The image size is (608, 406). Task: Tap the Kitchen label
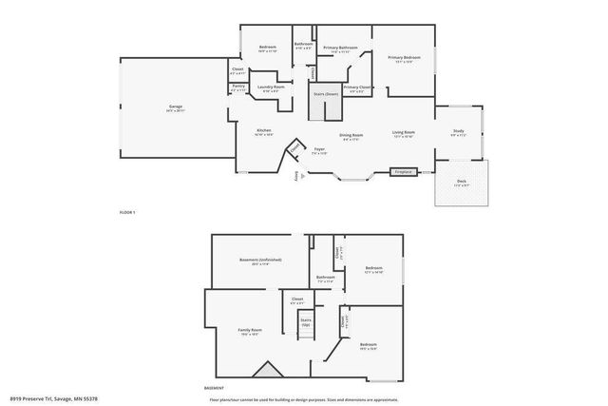click(x=264, y=132)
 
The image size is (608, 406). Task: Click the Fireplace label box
click(x=404, y=172)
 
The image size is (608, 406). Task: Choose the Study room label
click(x=458, y=132)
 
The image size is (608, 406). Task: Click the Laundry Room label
click(x=273, y=87)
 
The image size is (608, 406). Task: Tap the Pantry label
click(x=238, y=87)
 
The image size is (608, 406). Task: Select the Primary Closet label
click(x=358, y=87)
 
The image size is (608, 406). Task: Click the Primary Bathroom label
click(x=339, y=48)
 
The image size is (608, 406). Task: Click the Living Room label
click(x=404, y=132)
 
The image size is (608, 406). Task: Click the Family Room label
click(x=250, y=330)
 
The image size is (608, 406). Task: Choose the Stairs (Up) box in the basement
click(x=306, y=322)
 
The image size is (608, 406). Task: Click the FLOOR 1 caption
click(x=127, y=211)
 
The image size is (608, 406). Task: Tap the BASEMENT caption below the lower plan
click(x=215, y=389)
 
